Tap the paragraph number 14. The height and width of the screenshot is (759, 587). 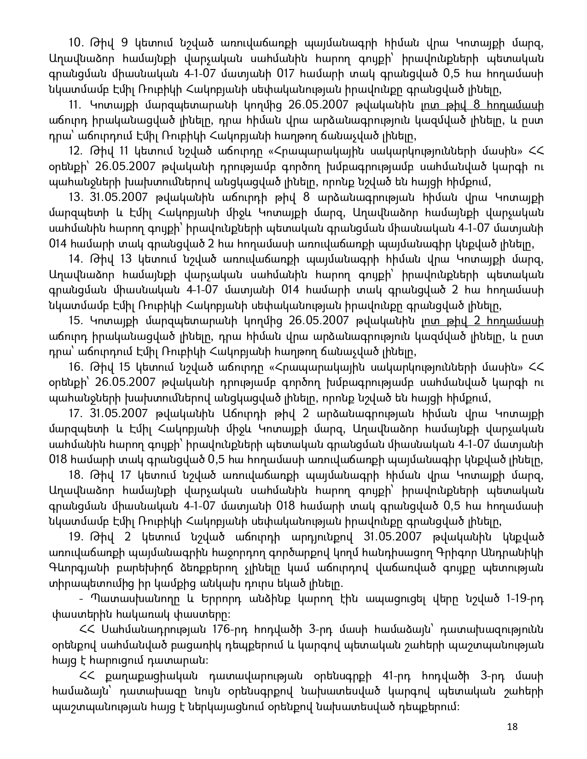click(75, 259)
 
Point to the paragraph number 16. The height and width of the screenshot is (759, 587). click(75, 367)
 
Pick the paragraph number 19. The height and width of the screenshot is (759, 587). click(75, 537)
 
